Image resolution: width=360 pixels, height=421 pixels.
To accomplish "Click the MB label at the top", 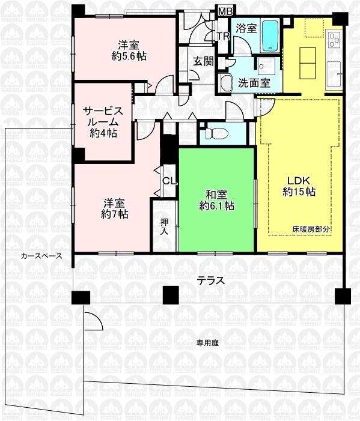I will tap(225, 10).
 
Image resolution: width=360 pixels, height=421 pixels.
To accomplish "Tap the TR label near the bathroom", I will tap(224, 37).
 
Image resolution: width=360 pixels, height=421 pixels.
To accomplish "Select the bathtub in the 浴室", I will tap(270, 35).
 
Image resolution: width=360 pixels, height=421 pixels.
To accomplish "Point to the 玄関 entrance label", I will tap(201, 61).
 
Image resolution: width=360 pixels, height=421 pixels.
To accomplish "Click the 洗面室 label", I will tap(254, 83).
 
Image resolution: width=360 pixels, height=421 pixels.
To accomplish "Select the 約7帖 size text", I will tap(114, 214).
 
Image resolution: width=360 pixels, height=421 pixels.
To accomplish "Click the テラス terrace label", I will tap(212, 280).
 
